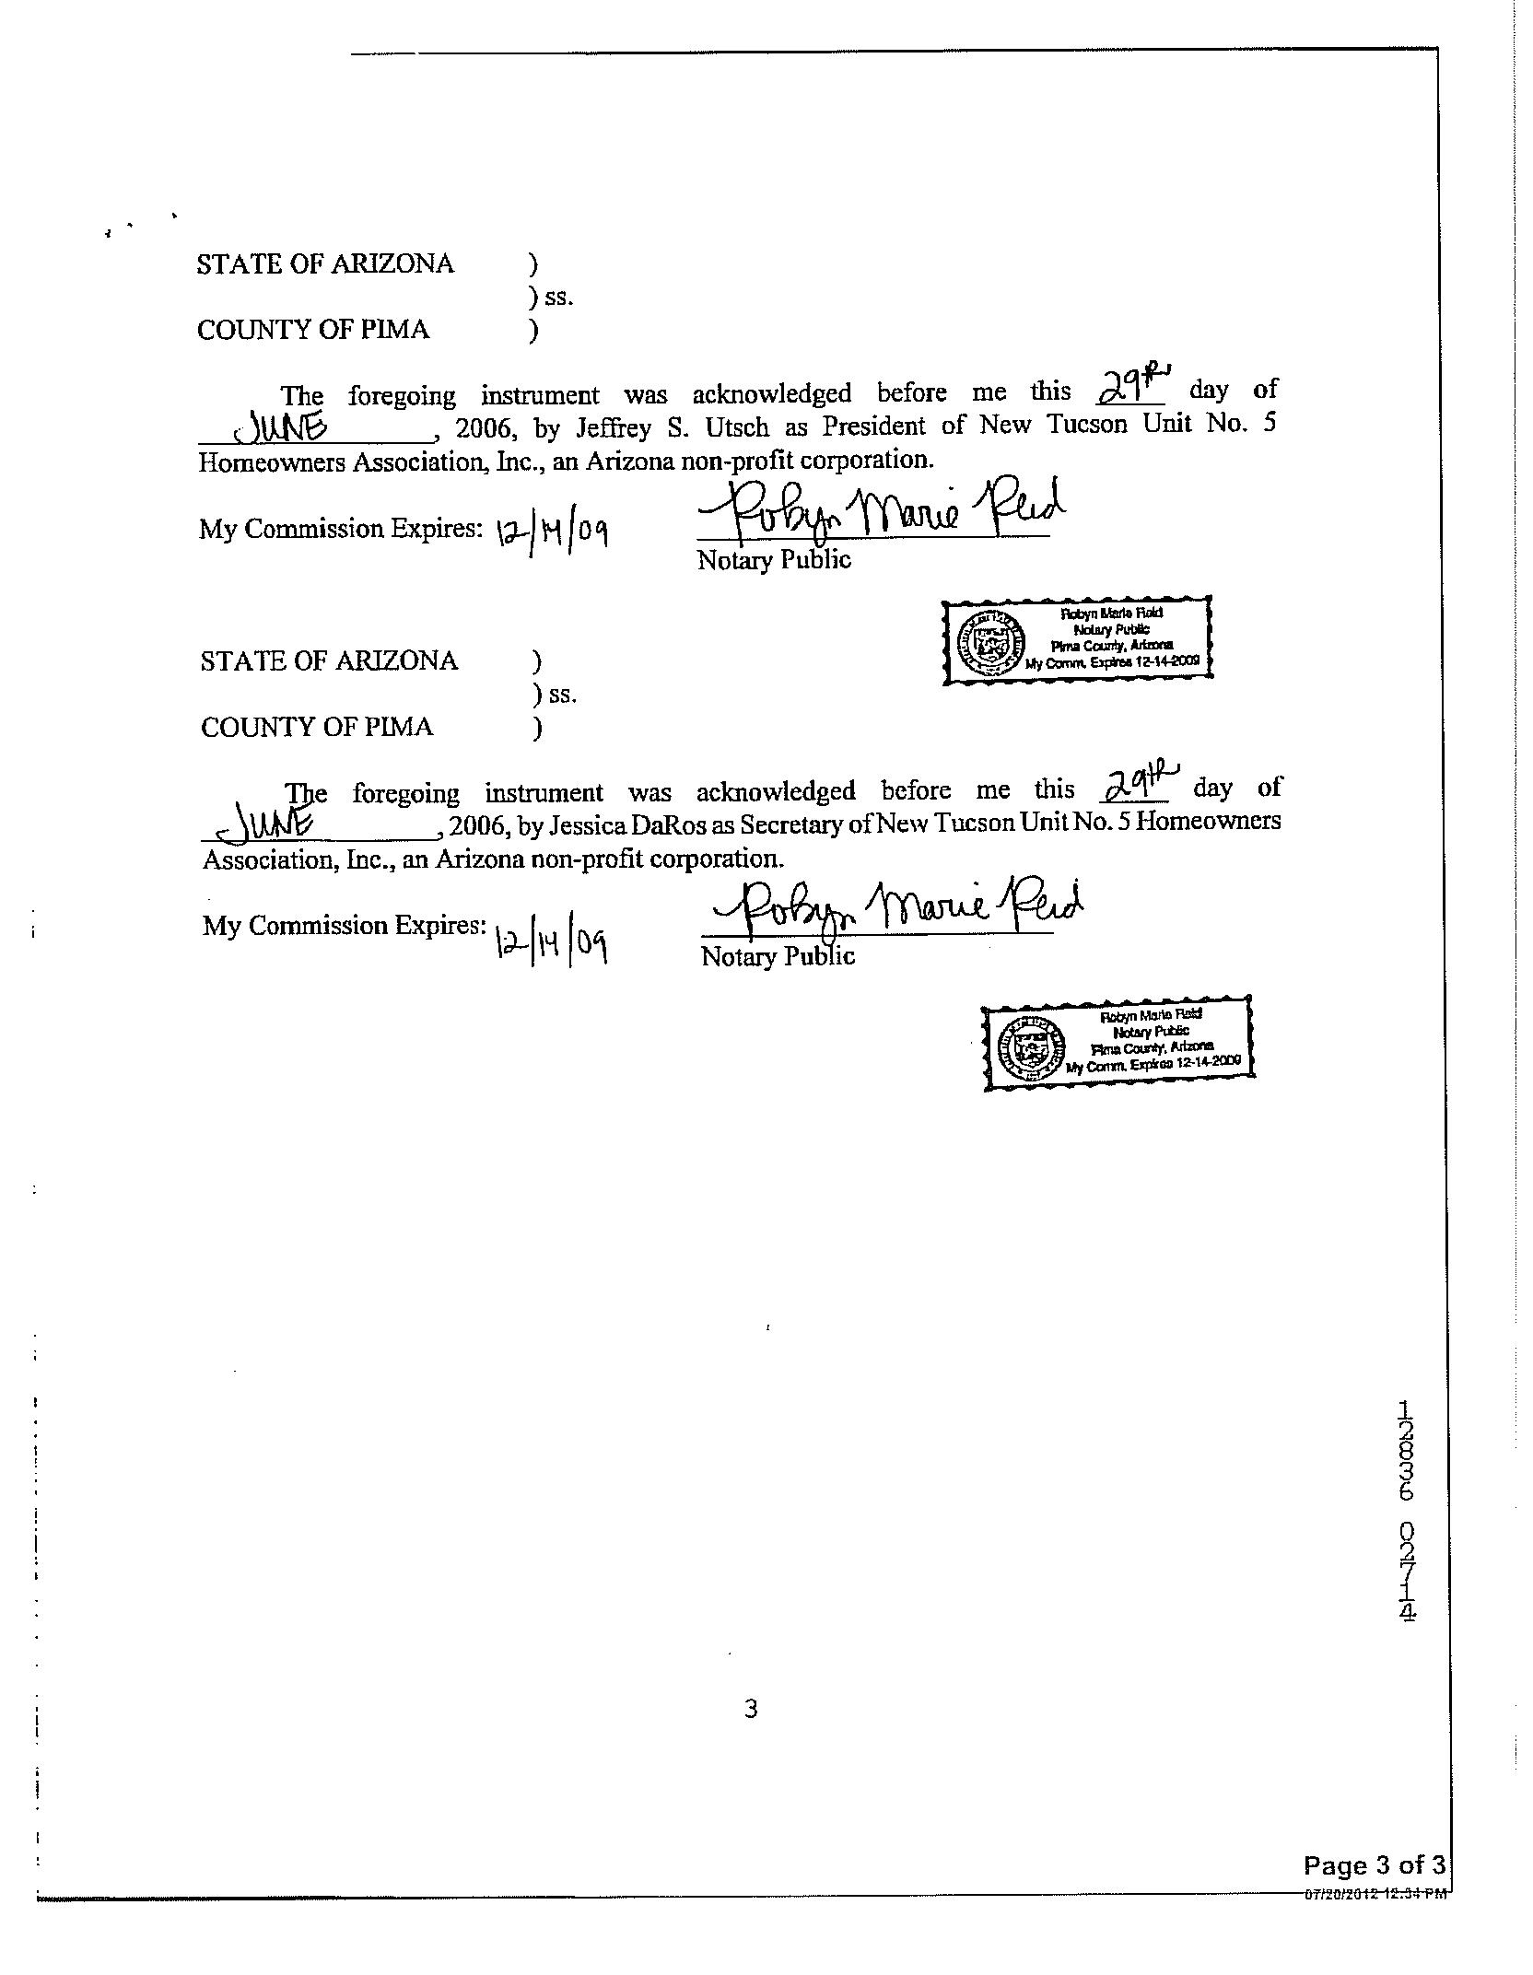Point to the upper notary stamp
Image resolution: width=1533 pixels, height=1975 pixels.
(1077, 638)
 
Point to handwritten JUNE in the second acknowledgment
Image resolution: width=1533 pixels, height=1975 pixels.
(267, 822)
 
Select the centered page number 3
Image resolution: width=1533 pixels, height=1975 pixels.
(751, 1709)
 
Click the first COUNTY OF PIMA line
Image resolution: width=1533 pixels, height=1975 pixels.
(313, 330)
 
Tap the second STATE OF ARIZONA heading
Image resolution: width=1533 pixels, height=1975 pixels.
(329, 660)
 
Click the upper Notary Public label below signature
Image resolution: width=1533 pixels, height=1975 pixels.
(774, 560)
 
